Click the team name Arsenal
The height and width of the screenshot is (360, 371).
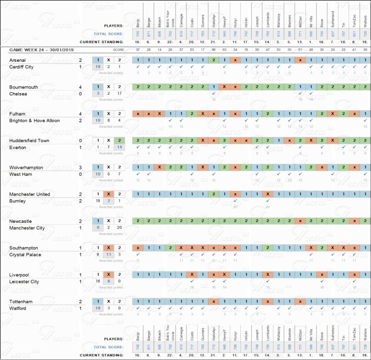pyautogui.click(x=18, y=60)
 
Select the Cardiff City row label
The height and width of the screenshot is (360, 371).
pyautogui.click(x=21, y=67)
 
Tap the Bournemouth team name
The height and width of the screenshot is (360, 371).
pyautogui.click(x=24, y=86)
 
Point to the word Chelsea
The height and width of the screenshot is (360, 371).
pyautogui.click(x=18, y=94)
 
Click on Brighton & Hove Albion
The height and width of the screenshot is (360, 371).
pyautogui.click(x=35, y=120)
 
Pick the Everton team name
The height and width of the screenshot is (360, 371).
pyautogui.click(x=18, y=148)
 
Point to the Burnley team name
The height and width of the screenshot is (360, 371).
pyautogui.click(x=18, y=201)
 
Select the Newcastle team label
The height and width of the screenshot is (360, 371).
pyautogui.click(x=21, y=220)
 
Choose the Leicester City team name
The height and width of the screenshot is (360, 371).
pyautogui.click(x=24, y=282)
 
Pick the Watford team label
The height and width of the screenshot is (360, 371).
pyautogui.click(x=18, y=308)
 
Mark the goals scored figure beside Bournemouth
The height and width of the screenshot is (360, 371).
pyautogui.click(x=80, y=86)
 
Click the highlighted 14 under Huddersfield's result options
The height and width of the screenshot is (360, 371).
pyautogui.click(x=120, y=148)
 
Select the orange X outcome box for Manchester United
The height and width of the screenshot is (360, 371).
pyautogui.click(x=108, y=194)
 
